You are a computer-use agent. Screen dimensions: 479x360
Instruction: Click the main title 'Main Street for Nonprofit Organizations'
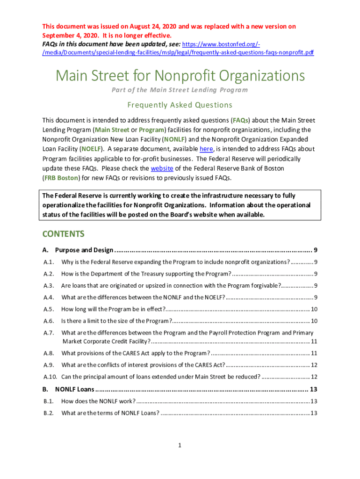point(180,76)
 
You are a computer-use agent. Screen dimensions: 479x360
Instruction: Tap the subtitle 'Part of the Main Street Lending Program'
point(180,90)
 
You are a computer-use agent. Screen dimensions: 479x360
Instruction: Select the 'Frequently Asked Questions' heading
point(180,105)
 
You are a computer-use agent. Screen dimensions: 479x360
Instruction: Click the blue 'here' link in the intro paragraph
point(206,149)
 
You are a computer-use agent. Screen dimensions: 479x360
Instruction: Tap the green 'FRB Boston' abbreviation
point(61,178)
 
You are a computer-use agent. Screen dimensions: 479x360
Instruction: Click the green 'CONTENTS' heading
point(63,234)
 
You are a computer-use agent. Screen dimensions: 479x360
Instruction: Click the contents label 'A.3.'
point(49,285)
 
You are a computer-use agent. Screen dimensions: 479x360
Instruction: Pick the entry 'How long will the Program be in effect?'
point(113,309)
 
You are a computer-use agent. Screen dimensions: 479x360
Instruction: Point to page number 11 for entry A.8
point(314,353)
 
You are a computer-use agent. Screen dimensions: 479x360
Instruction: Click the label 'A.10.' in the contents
point(50,377)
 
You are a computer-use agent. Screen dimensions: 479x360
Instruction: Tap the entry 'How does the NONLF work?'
point(98,401)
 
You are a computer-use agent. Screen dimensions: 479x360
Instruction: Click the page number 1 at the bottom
point(180,445)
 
